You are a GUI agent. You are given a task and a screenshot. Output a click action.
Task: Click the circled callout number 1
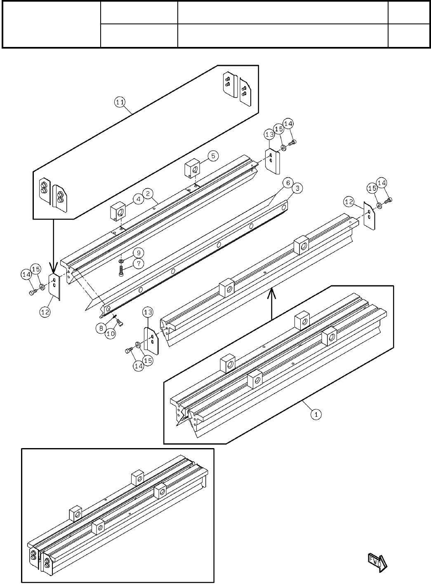tap(316, 414)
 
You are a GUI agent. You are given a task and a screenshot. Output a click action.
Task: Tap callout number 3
tap(298, 188)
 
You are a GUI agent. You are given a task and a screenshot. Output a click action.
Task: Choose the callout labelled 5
tap(213, 156)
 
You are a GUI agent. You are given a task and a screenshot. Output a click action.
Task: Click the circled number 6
tap(287, 182)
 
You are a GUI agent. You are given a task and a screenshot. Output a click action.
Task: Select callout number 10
tap(110, 334)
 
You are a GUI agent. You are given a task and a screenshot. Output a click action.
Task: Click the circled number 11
tap(121, 103)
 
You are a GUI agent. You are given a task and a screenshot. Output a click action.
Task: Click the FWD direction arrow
tap(376, 562)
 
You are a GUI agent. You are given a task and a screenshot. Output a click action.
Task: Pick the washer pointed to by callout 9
tap(120, 261)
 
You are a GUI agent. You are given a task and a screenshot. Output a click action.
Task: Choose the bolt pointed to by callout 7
tap(121, 271)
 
